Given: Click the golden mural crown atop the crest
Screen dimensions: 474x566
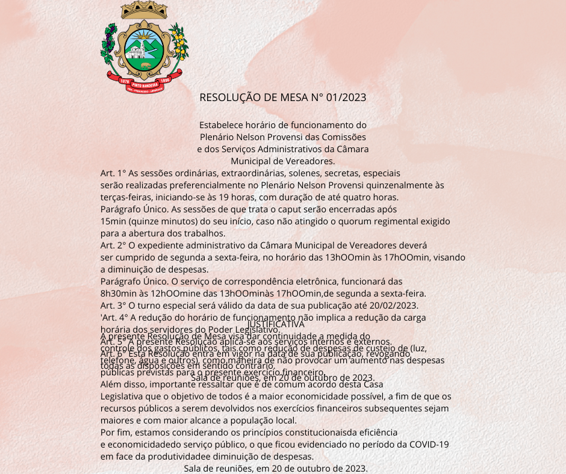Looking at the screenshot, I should [145, 11].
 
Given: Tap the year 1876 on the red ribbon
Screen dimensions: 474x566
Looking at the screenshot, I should [125, 81].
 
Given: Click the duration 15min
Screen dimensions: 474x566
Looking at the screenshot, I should [113, 221].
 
